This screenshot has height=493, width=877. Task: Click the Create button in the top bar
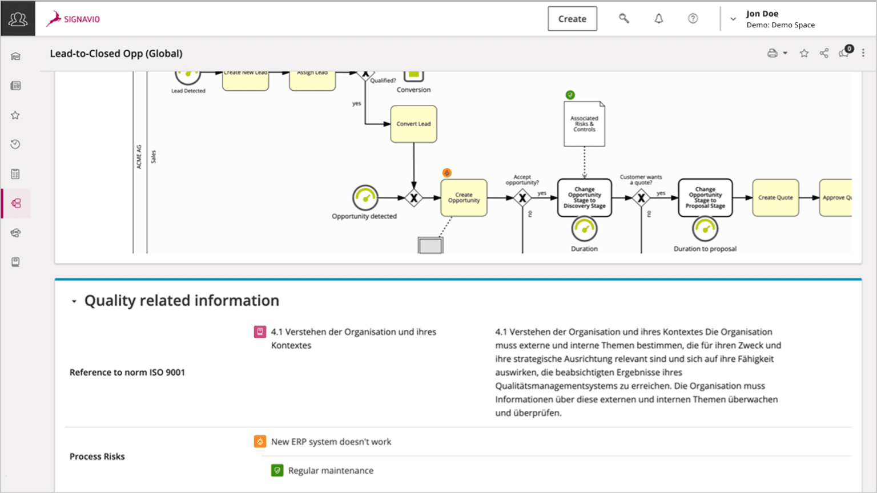point(572,19)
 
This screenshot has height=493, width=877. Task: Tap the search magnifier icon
point(624,19)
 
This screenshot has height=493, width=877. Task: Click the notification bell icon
point(658,19)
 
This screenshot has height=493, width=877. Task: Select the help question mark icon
point(693,19)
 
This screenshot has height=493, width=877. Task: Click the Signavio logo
point(74,19)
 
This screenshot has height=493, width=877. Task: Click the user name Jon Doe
point(762,14)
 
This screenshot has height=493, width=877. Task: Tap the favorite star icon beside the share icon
point(804,54)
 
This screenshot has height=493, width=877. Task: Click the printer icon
point(773,54)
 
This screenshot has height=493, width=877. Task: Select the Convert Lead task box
point(413,124)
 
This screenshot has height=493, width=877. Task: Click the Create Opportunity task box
point(464,197)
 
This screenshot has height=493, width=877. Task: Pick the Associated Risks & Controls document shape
point(584,124)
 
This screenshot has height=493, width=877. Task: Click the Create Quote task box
point(775,197)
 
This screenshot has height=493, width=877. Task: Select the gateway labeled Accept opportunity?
point(522,198)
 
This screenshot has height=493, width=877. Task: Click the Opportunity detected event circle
point(365,198)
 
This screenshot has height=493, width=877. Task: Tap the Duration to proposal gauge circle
point(705,229)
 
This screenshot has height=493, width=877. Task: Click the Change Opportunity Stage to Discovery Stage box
point(584,197)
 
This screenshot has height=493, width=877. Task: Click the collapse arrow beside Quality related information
point(74,301)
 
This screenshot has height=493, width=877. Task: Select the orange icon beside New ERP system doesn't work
point(260,442)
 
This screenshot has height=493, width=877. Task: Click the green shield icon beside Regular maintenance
point(277,471)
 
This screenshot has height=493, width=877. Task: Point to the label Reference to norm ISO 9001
point(127,373)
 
